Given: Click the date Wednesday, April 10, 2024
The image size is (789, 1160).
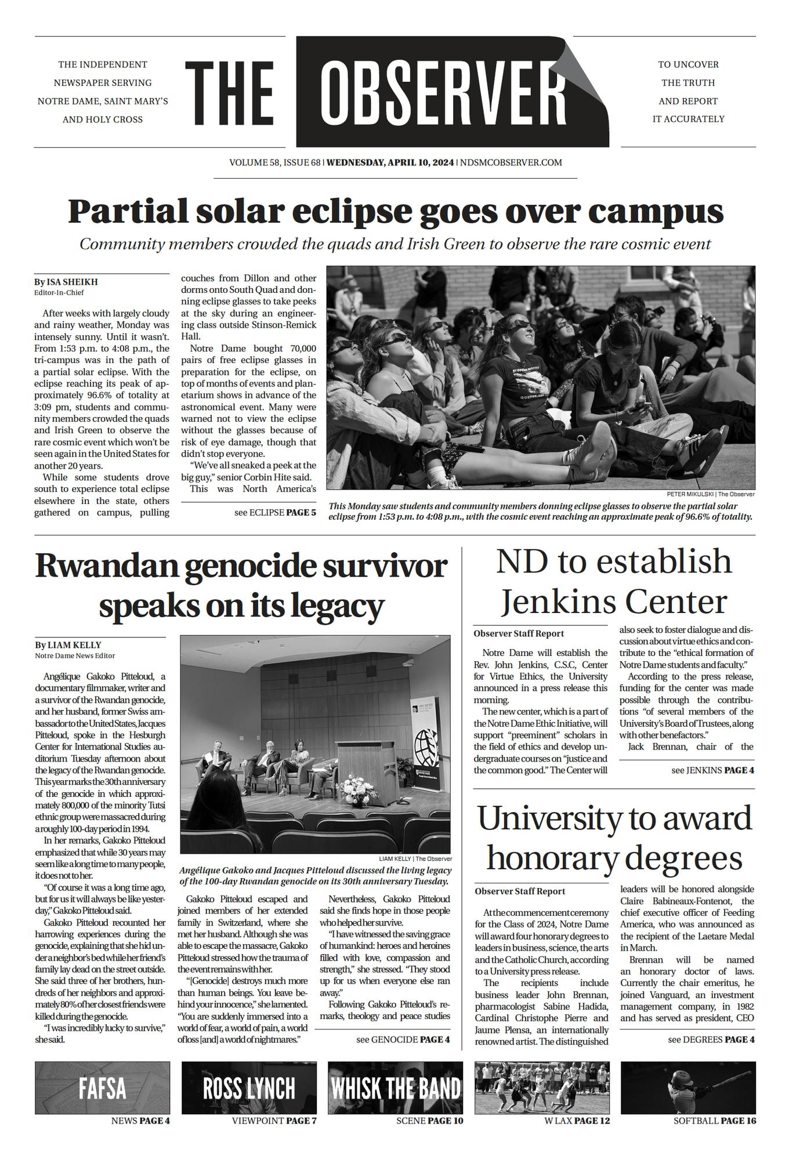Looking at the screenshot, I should coord(390,162).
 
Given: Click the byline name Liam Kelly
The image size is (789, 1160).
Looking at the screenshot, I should coord(74,645).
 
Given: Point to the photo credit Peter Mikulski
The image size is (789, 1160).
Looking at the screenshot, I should coord(690,494).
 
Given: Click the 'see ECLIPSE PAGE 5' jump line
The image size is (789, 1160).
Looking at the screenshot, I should coord(275,513).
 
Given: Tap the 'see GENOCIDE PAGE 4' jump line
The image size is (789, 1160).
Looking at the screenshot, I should coord(403,1039).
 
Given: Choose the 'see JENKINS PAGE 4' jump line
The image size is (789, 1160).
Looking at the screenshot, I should coord(712,770).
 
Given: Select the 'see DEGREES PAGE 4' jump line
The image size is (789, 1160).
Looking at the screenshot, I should coord(711,1039).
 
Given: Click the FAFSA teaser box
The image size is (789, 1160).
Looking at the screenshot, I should coord(103,1087).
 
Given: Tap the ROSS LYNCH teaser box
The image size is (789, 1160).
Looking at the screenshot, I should coord(249,1087).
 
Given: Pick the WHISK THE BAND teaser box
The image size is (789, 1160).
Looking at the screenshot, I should coord(396,1087).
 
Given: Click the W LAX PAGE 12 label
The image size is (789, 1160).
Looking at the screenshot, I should coord(577,1121).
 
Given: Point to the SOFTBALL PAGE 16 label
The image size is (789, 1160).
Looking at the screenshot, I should coord(714,1121).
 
